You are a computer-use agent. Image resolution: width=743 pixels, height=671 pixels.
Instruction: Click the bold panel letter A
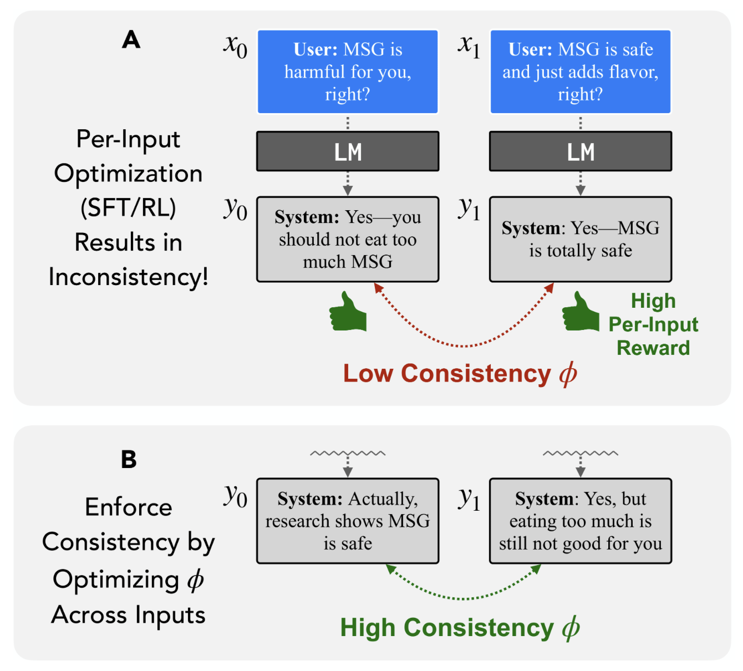click(131, 40)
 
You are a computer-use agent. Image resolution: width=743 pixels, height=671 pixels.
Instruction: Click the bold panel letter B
click(129, 459)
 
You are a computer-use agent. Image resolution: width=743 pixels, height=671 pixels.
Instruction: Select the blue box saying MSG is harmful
click(348, 72)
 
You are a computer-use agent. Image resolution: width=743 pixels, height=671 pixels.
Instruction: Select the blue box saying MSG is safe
click(581, 72)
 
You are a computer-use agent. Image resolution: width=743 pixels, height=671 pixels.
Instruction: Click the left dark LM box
click(348, 151)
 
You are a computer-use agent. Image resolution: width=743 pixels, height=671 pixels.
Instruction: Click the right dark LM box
click(581, 151)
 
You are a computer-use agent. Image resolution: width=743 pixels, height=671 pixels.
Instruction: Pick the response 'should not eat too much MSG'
click(348, 240)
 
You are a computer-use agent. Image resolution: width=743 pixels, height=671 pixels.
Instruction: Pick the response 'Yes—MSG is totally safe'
click(581, 240)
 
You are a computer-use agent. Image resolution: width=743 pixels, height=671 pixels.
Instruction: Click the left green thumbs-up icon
click(348, 313)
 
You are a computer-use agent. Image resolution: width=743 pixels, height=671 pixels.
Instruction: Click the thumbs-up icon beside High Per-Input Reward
click(581, 313)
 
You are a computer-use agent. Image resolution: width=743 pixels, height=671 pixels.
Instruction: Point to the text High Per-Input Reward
click(653, 324)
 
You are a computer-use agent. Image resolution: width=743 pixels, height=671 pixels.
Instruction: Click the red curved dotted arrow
click(464, 345)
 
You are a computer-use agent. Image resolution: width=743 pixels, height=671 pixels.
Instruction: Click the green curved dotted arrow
click(464, 598)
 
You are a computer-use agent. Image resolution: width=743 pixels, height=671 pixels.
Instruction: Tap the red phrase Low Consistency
click(447, 373)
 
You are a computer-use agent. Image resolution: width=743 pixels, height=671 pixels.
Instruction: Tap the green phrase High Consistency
click(447, 628)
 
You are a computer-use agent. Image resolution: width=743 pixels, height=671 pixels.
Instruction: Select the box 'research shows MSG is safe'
click(348, 521)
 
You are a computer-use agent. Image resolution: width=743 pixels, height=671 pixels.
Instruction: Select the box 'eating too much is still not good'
click(581, 521)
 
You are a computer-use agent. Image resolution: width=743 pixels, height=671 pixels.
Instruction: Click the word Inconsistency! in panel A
click(129, 277)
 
